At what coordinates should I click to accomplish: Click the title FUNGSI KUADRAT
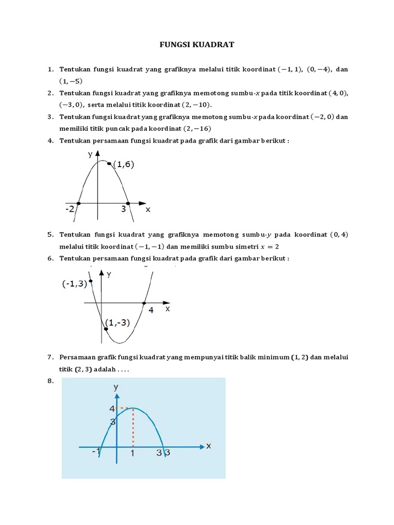[197, 45]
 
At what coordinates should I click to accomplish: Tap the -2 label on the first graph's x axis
[70, 209]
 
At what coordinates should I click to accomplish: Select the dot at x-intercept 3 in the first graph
[128, 203]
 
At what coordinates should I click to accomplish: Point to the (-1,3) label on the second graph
[74, 284]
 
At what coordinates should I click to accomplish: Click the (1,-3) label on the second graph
[118, 322]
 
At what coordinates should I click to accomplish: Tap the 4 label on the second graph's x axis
[151, 310]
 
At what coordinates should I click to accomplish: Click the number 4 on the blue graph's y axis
[111, 409]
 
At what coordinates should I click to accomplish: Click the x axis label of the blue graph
[208, 446]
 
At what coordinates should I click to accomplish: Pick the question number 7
[50, 357]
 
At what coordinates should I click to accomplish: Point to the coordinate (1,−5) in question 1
[71, 81]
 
